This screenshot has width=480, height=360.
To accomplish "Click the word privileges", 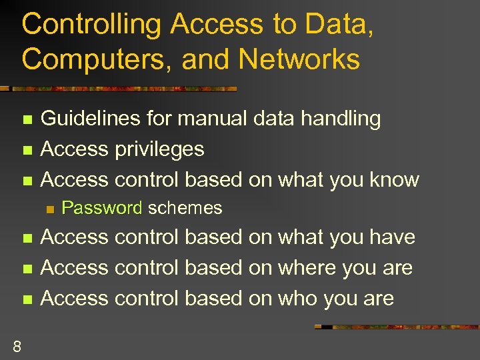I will point(160,149).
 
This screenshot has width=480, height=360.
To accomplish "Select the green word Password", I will point(102,208).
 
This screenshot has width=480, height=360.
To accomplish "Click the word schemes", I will point(185,208).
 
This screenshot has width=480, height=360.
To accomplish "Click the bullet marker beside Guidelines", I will point(27,120).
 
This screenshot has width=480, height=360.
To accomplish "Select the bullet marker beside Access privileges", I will point(27,150).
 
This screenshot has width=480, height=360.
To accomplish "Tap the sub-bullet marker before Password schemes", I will point(48,209).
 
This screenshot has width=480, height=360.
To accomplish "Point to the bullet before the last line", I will point(27,299).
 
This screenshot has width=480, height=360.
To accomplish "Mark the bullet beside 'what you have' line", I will point(27,239).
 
